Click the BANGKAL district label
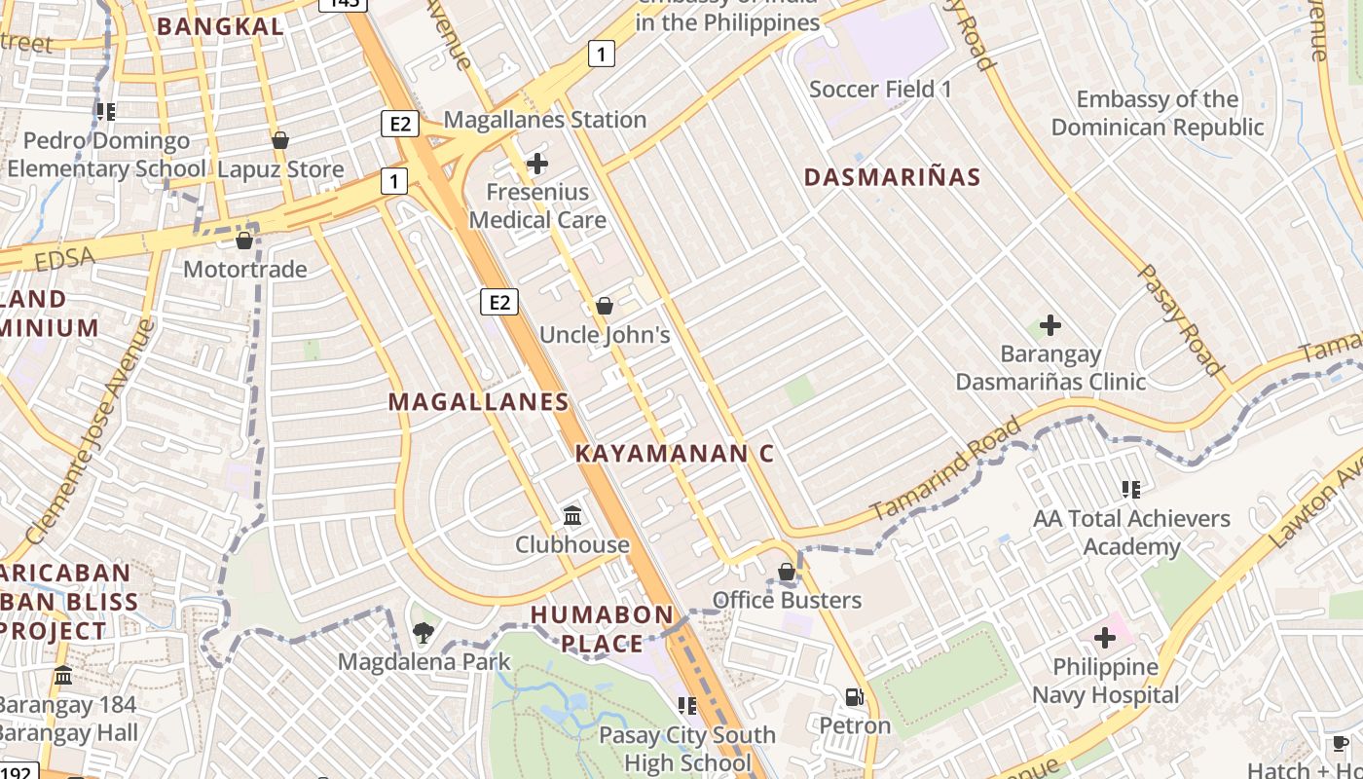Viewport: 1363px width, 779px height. click(x=220, y=26)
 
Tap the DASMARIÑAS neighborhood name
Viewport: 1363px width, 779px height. click(x=893, y=177)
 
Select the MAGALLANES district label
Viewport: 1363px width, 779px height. click(x=478, y=401)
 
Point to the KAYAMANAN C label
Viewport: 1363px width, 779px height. click(x=674, y=453)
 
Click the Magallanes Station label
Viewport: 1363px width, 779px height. click(x=544, y=120)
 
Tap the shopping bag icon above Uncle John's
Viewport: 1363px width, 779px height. click(x=605, y=306)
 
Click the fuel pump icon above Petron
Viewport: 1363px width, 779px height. click(x=854, y=697)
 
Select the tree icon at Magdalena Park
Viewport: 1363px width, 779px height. click(x=423, y=634)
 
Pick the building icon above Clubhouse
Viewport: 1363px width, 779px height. click(x=572, y=515)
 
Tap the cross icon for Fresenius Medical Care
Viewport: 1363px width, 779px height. click(x=536, y=163)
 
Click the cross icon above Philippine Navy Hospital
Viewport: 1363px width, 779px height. click(x=1104, y=639)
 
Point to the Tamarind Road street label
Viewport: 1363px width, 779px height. click(x=945, y=468)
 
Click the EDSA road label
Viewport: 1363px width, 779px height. click(x=64, y=258)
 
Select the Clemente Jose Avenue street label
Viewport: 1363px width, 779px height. click(x=90, y=431)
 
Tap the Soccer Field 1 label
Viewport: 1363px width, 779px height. click(x=880, y=90)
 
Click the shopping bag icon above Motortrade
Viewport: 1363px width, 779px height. click(x=244, y=240)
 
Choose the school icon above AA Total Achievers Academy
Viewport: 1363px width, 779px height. click(x=1130, y=489)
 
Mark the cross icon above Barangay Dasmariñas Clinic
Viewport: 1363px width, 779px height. click(x=1050, y=324)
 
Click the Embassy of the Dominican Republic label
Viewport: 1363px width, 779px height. click(x=1157, y=113)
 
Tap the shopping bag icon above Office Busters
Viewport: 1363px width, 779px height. click(x=787, y=572)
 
